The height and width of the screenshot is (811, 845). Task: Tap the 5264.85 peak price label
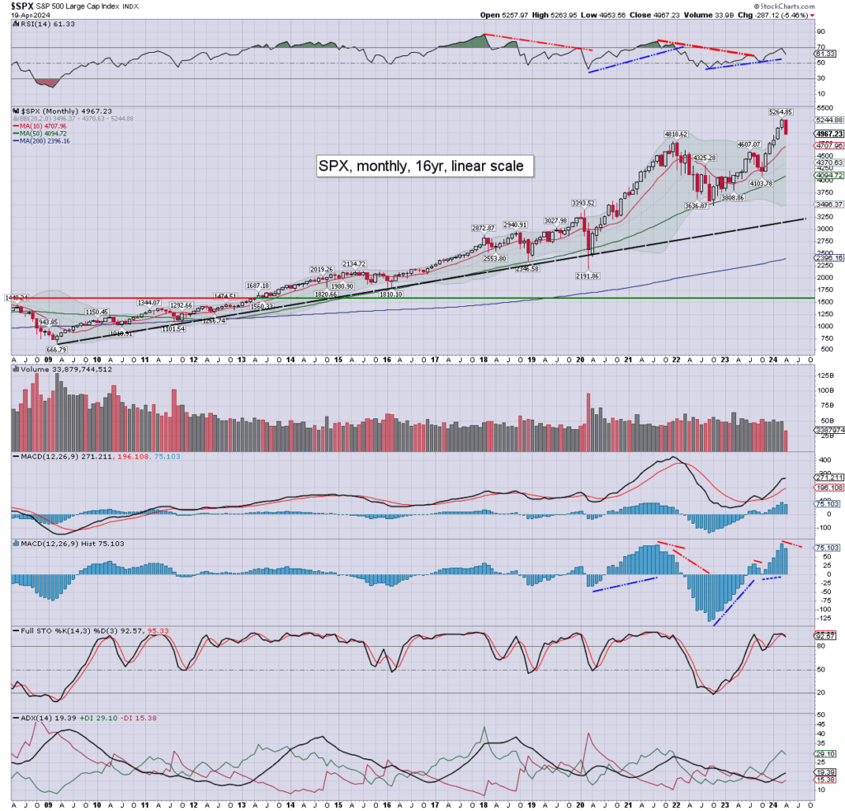[780, 111]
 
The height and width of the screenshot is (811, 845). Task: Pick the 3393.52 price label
[584, 202]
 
